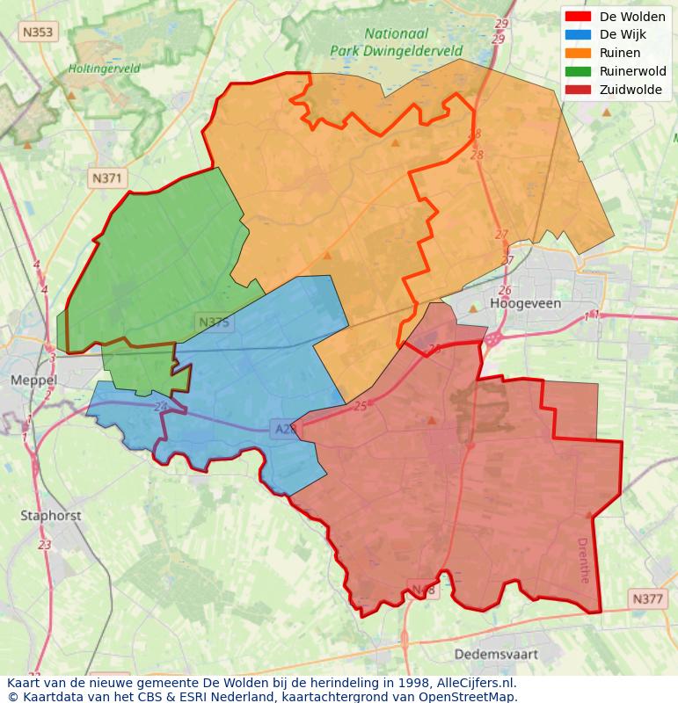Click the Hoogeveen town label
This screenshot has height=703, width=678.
tap(525, 303)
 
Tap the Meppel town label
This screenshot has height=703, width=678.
tap(34, 380)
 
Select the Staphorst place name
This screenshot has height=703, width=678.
tap(50, 516)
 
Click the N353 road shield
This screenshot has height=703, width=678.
tap(37, 33)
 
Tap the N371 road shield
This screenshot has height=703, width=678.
tap(108, 178)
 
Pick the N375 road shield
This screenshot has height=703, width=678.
tap(214, 323)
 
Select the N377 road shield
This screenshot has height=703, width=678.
tap(648, 599)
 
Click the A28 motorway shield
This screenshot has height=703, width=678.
tap(284, 428)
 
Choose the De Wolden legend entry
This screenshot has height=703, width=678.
tap(632, 17)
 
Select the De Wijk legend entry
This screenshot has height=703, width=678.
tap(623, 34)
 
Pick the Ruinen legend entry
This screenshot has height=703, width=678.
tap(620, 53)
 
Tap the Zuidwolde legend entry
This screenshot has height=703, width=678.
tap(631, 90)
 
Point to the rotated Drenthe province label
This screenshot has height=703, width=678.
tap(583, 560)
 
